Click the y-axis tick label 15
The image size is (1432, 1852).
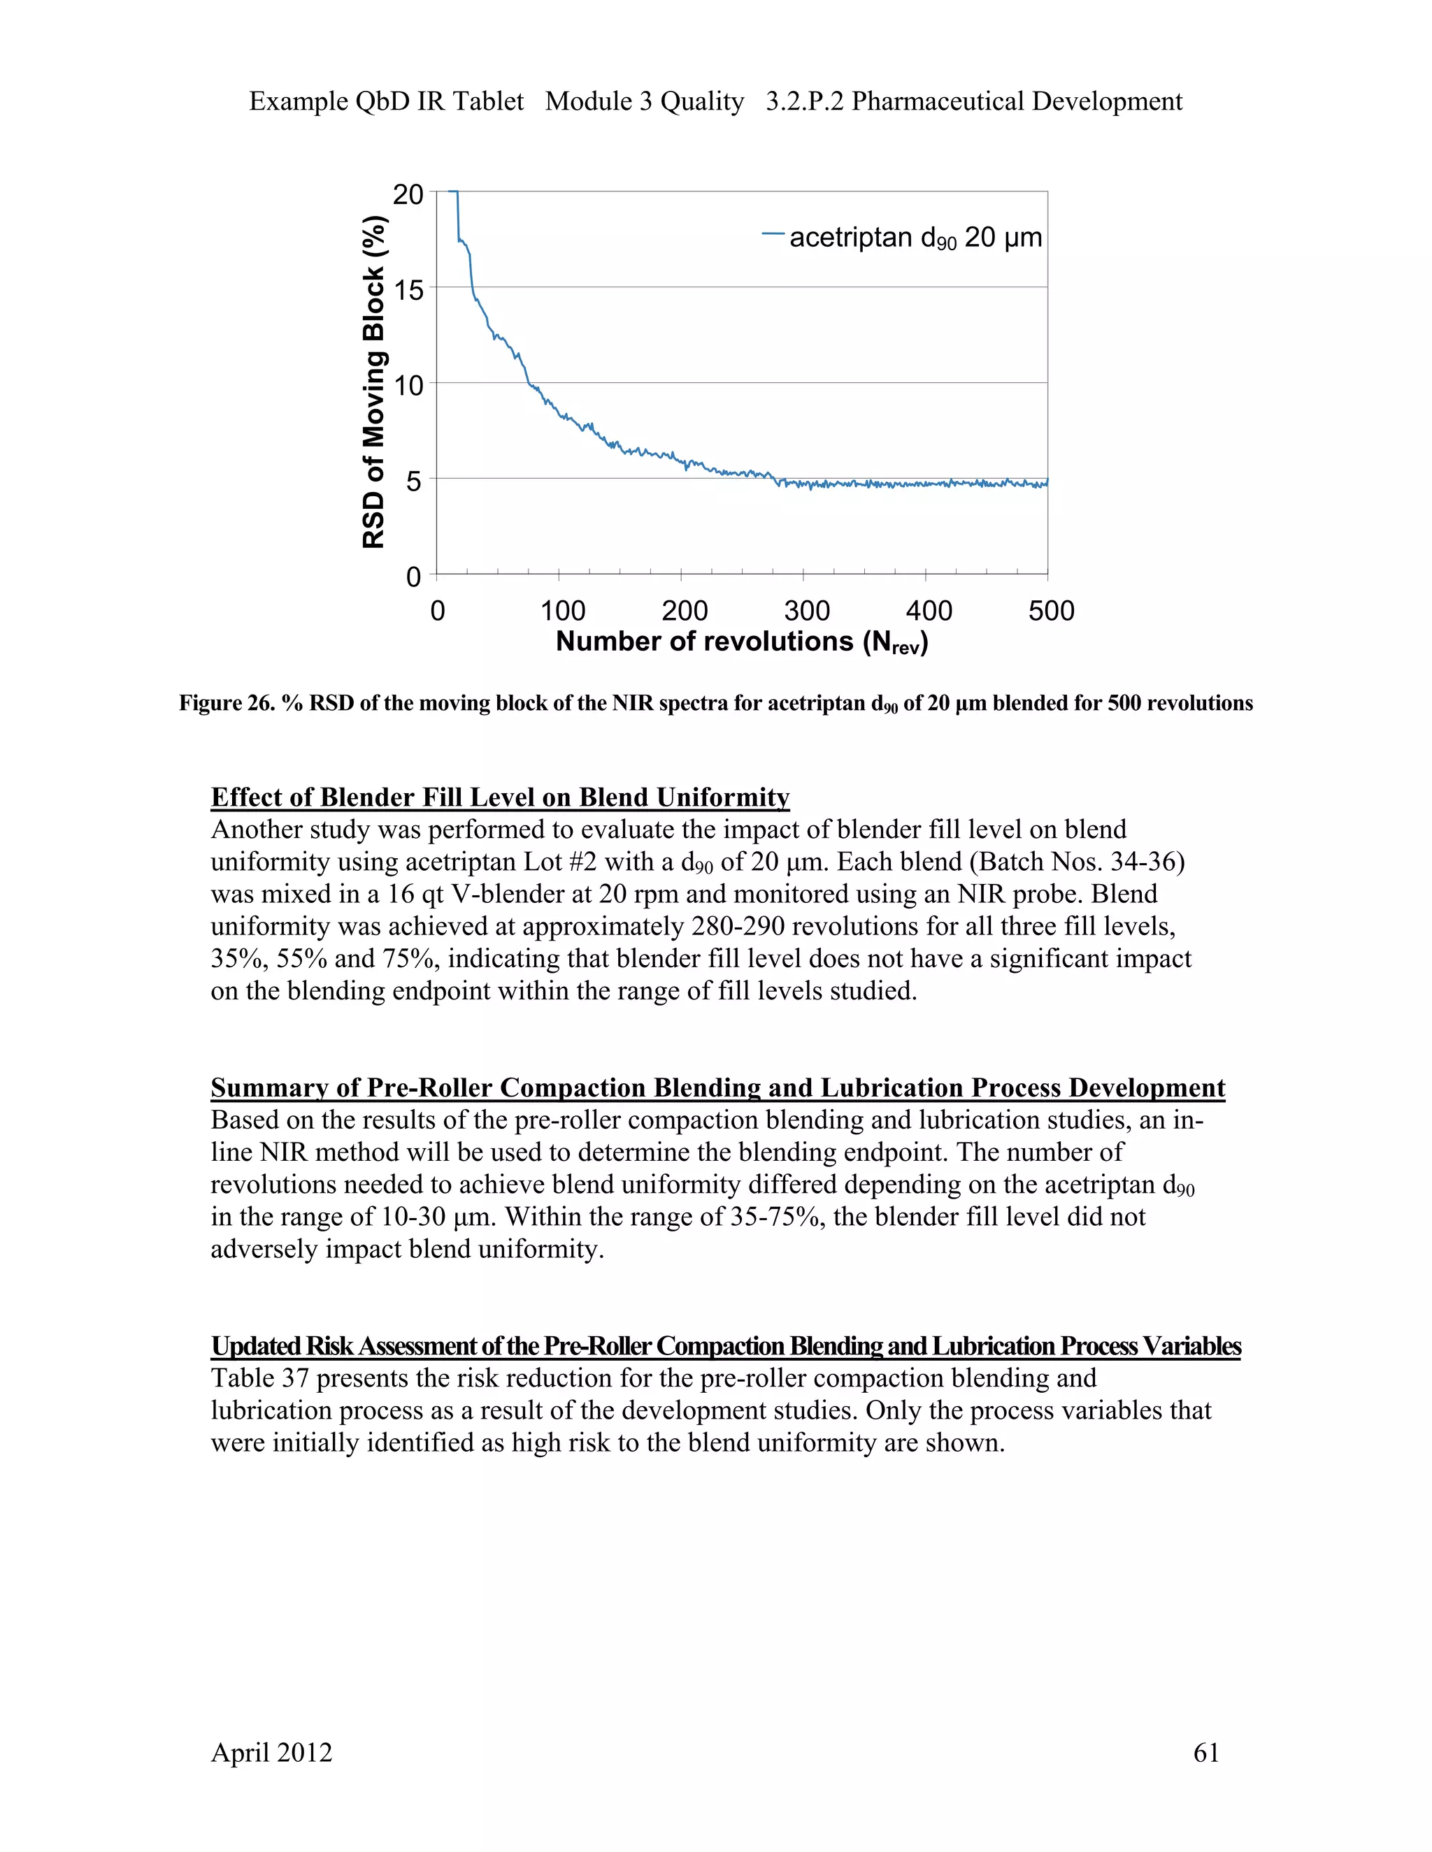[408, 291]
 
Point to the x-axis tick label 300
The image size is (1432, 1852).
[806, 611]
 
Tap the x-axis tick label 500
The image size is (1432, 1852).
[1050, 611]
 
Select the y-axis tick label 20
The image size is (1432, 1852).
[408, 195]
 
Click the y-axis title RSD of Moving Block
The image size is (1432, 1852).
[374, 382]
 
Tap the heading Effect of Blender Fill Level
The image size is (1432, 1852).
[500, 797]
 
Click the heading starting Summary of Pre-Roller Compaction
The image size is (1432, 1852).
[717, 1087]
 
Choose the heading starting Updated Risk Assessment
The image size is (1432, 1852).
[725, 1346]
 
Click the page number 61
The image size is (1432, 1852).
[1205, 1753]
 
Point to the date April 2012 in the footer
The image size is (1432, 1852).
[271, 1753]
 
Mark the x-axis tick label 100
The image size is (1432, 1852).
[562, 611]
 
